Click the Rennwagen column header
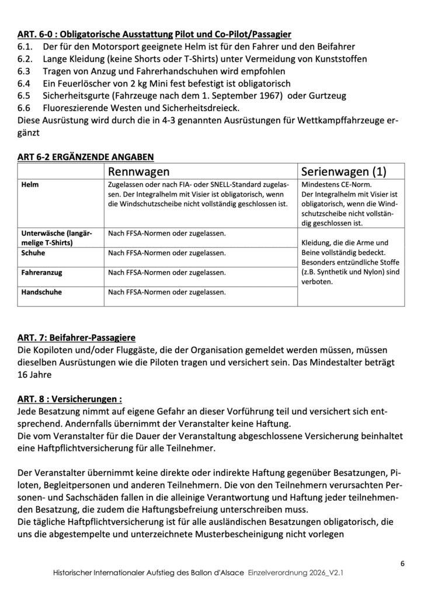tap(139, 172)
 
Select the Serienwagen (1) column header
tap(344, 172)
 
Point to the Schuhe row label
tap(33, 253)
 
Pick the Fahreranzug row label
tap(42, 272)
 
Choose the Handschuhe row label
tap(41, 291)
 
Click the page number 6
tap(403, 563)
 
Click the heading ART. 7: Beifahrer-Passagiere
tap(76, 338)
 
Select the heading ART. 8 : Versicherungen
tap(69, 399)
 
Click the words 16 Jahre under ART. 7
tap(36, 375)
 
